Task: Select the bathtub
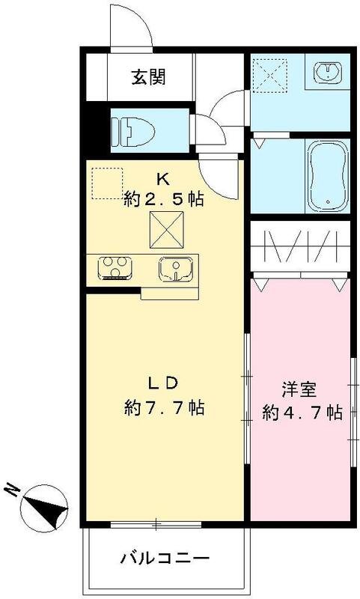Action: coord(328,174)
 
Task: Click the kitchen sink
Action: coord(176,268)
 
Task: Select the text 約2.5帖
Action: coord(165,199)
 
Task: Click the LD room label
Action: coord(162,383)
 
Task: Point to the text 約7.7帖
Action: coord(165,409)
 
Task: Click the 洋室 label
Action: coord(299,389)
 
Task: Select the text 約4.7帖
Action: coord(302,412)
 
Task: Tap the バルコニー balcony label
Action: coord(164,559)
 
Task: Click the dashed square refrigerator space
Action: coord(106,183)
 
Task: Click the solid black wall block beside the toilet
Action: coord(92,132)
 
